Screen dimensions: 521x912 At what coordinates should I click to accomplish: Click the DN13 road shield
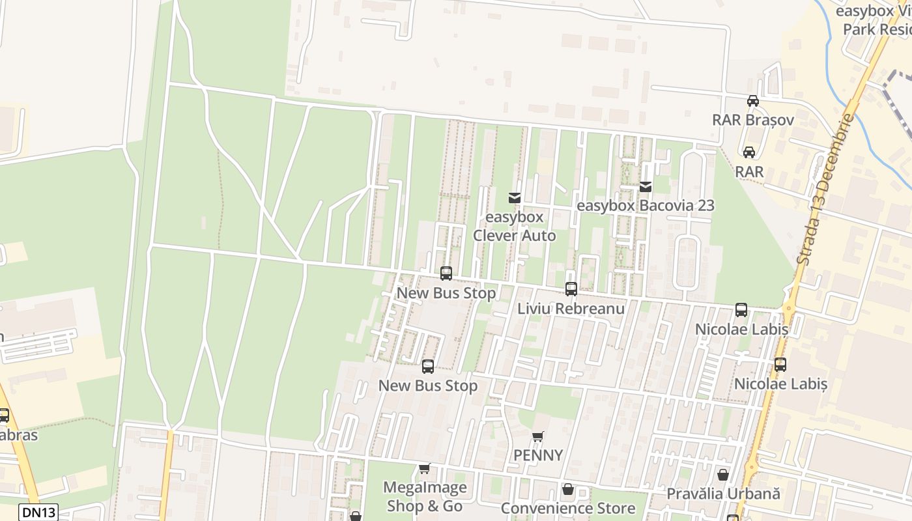pos(38,512)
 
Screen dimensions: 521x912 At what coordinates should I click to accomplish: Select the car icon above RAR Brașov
pos(753,101)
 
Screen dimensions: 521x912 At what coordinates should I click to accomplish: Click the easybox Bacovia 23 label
pos(646,206)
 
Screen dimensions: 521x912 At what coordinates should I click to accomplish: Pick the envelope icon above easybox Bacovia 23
pos(646,187)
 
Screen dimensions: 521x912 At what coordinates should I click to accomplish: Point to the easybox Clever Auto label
pos(514,226)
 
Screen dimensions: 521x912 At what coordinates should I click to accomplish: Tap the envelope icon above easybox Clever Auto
pos(515,197)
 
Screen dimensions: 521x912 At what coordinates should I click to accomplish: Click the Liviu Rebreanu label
pos(571,309)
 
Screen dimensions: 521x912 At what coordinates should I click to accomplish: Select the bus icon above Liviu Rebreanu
pos(571,289)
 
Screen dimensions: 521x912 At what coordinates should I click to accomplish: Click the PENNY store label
pos(538,455)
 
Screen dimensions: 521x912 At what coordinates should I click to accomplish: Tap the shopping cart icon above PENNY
pos(537,437)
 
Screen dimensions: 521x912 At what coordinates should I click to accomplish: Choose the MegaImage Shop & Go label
pos(425,497)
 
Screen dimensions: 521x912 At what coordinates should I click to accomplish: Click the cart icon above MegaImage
pos(425,468)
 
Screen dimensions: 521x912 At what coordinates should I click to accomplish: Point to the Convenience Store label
pos(568,508)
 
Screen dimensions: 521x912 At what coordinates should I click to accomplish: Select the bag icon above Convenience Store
pos(568,489)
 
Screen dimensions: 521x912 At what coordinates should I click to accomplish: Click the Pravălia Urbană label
pos(722,494)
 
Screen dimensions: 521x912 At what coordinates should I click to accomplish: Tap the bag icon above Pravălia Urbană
pos(723,475)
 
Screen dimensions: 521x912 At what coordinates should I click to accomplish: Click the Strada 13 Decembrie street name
pos(825,189)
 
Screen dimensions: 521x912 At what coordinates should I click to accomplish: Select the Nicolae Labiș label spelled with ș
pos(780,384)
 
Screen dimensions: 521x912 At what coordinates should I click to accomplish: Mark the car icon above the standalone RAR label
pos(749,152)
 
